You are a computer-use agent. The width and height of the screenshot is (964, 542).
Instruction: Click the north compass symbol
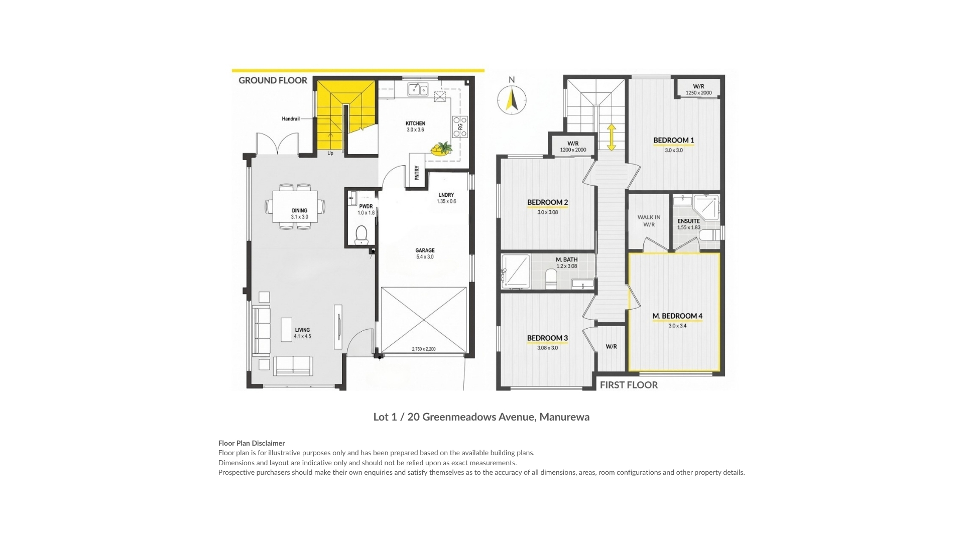click(x=512, y=99)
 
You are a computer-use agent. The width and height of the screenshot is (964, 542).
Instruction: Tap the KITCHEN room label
click(x=415, y=123)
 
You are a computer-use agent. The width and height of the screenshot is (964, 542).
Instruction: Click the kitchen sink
click(x=418, y=90)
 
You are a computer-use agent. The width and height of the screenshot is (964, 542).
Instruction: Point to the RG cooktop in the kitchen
click(x=460, y=126)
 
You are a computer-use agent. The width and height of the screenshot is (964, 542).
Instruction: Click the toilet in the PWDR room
click(x=361, y=235)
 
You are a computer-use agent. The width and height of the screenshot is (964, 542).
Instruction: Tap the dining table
click(x=295, y=206)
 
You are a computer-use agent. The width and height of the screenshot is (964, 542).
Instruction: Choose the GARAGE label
click(x=425, y=250)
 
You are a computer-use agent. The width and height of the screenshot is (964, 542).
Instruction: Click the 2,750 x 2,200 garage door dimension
click(x=424, y=349)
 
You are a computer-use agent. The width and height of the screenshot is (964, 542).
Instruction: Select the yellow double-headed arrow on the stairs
click(x=612, y=138)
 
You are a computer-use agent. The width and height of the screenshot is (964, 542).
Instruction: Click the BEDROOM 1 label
click(x=673, y=140)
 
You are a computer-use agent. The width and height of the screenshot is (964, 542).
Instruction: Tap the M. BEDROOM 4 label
click(x=677, y=316)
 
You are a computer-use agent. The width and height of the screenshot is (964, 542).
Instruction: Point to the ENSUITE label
click(x=688, y=221)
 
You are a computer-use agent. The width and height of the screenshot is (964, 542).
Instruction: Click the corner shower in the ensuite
click(x=706, y=208)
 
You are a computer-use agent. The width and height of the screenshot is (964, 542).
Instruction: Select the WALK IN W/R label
click(x=649, y=221)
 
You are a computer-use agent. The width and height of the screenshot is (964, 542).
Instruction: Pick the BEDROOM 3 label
click(x=547, y=338)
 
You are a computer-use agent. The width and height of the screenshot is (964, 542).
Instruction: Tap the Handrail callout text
click(x=290, y=119)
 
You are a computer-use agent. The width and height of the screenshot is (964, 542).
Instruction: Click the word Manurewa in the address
click(x=564, y=417)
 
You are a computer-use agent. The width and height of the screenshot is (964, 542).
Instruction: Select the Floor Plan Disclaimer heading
click(x=252, y=443)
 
